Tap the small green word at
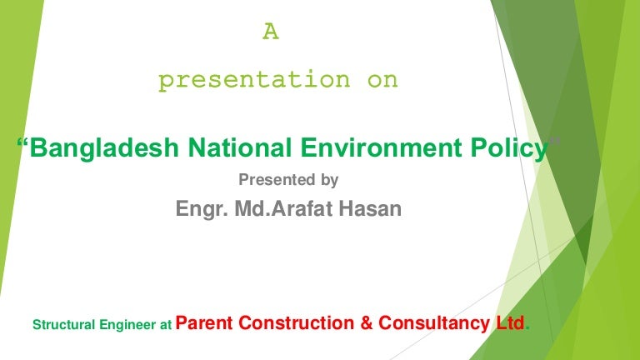(x=165, y=326)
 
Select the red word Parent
(x=205, y=323)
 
